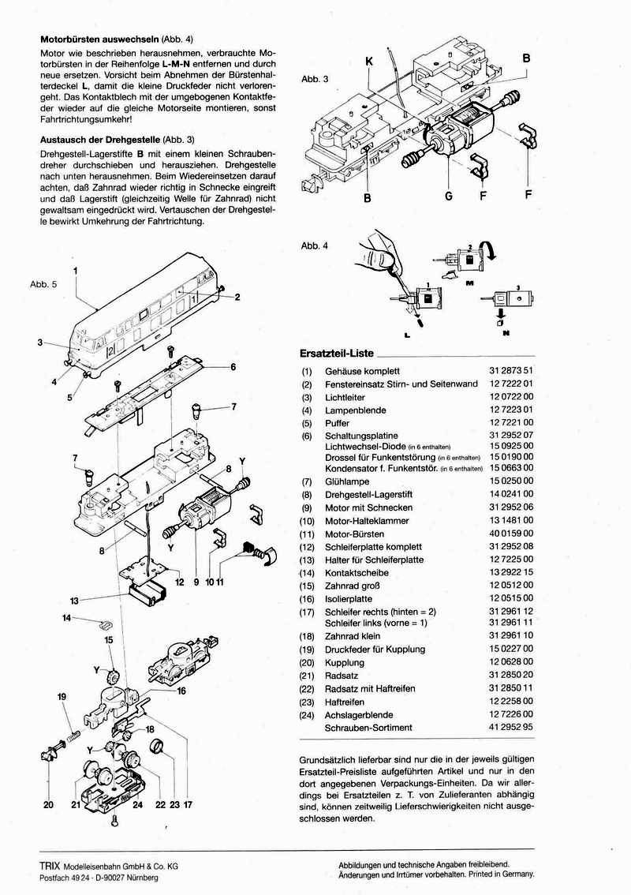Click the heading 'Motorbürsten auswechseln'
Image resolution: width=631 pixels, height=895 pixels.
98,39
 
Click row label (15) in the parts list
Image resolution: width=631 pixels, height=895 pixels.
307,585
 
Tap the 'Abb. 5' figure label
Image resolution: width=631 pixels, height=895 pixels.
43,283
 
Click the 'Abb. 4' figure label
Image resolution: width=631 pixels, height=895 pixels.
314,245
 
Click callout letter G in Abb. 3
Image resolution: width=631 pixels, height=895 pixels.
448,196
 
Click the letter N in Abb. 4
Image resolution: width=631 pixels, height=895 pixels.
504,334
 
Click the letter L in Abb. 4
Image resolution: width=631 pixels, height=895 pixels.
409,334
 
